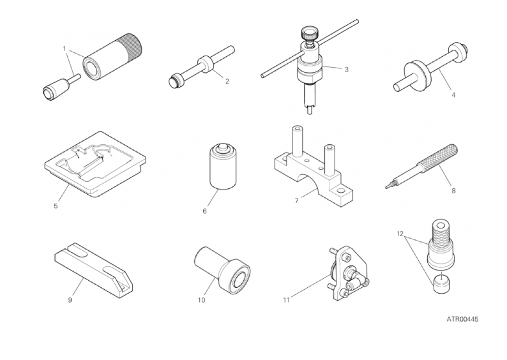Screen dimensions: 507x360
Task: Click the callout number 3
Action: coord(346,70)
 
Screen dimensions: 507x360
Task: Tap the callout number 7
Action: coord(296,200)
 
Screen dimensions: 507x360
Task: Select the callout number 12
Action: coord(400,234)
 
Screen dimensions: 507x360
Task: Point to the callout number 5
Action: coord(56,206)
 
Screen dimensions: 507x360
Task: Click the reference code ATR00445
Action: coord(462,319)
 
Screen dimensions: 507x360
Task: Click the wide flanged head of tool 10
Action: coord(235,276)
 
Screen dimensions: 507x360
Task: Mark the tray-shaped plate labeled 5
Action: coord(95,164)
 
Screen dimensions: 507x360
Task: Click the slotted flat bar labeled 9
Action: coord(93,270)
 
